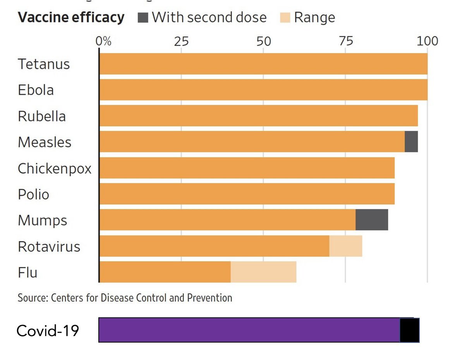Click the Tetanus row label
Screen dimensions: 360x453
click(x=44, y=64)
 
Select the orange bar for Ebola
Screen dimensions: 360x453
click(x=263, y=90)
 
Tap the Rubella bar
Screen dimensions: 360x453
click(x=258, y=116)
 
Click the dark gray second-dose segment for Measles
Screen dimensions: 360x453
click(x=411, y=142)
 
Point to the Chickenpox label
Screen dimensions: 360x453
click(x=55, y=168)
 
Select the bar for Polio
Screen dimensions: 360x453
click(x=247, y=194)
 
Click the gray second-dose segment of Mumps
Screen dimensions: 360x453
click(x=372, y=220)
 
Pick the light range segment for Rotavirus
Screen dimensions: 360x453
click(x=346, y=246)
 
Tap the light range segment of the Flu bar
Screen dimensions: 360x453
click(x=264, y=272)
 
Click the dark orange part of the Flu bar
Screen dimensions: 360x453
click(x=165, y=272)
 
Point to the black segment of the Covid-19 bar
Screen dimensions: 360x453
click(x=409, y=330)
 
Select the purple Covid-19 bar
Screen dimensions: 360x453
click(x=249, y=330)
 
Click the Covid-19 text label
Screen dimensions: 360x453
click(x=48, y=331)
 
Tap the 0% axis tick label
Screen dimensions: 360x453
click(x=103, y=41)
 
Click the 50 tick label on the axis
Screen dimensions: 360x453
click(x=264, y=41)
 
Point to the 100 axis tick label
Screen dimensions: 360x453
click(x=427, y=41)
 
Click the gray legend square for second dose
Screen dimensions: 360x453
click(x=143, y=18)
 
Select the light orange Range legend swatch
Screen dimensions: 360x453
click(x=285, y=18)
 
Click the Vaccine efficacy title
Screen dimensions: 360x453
click(x=71, y=18)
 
